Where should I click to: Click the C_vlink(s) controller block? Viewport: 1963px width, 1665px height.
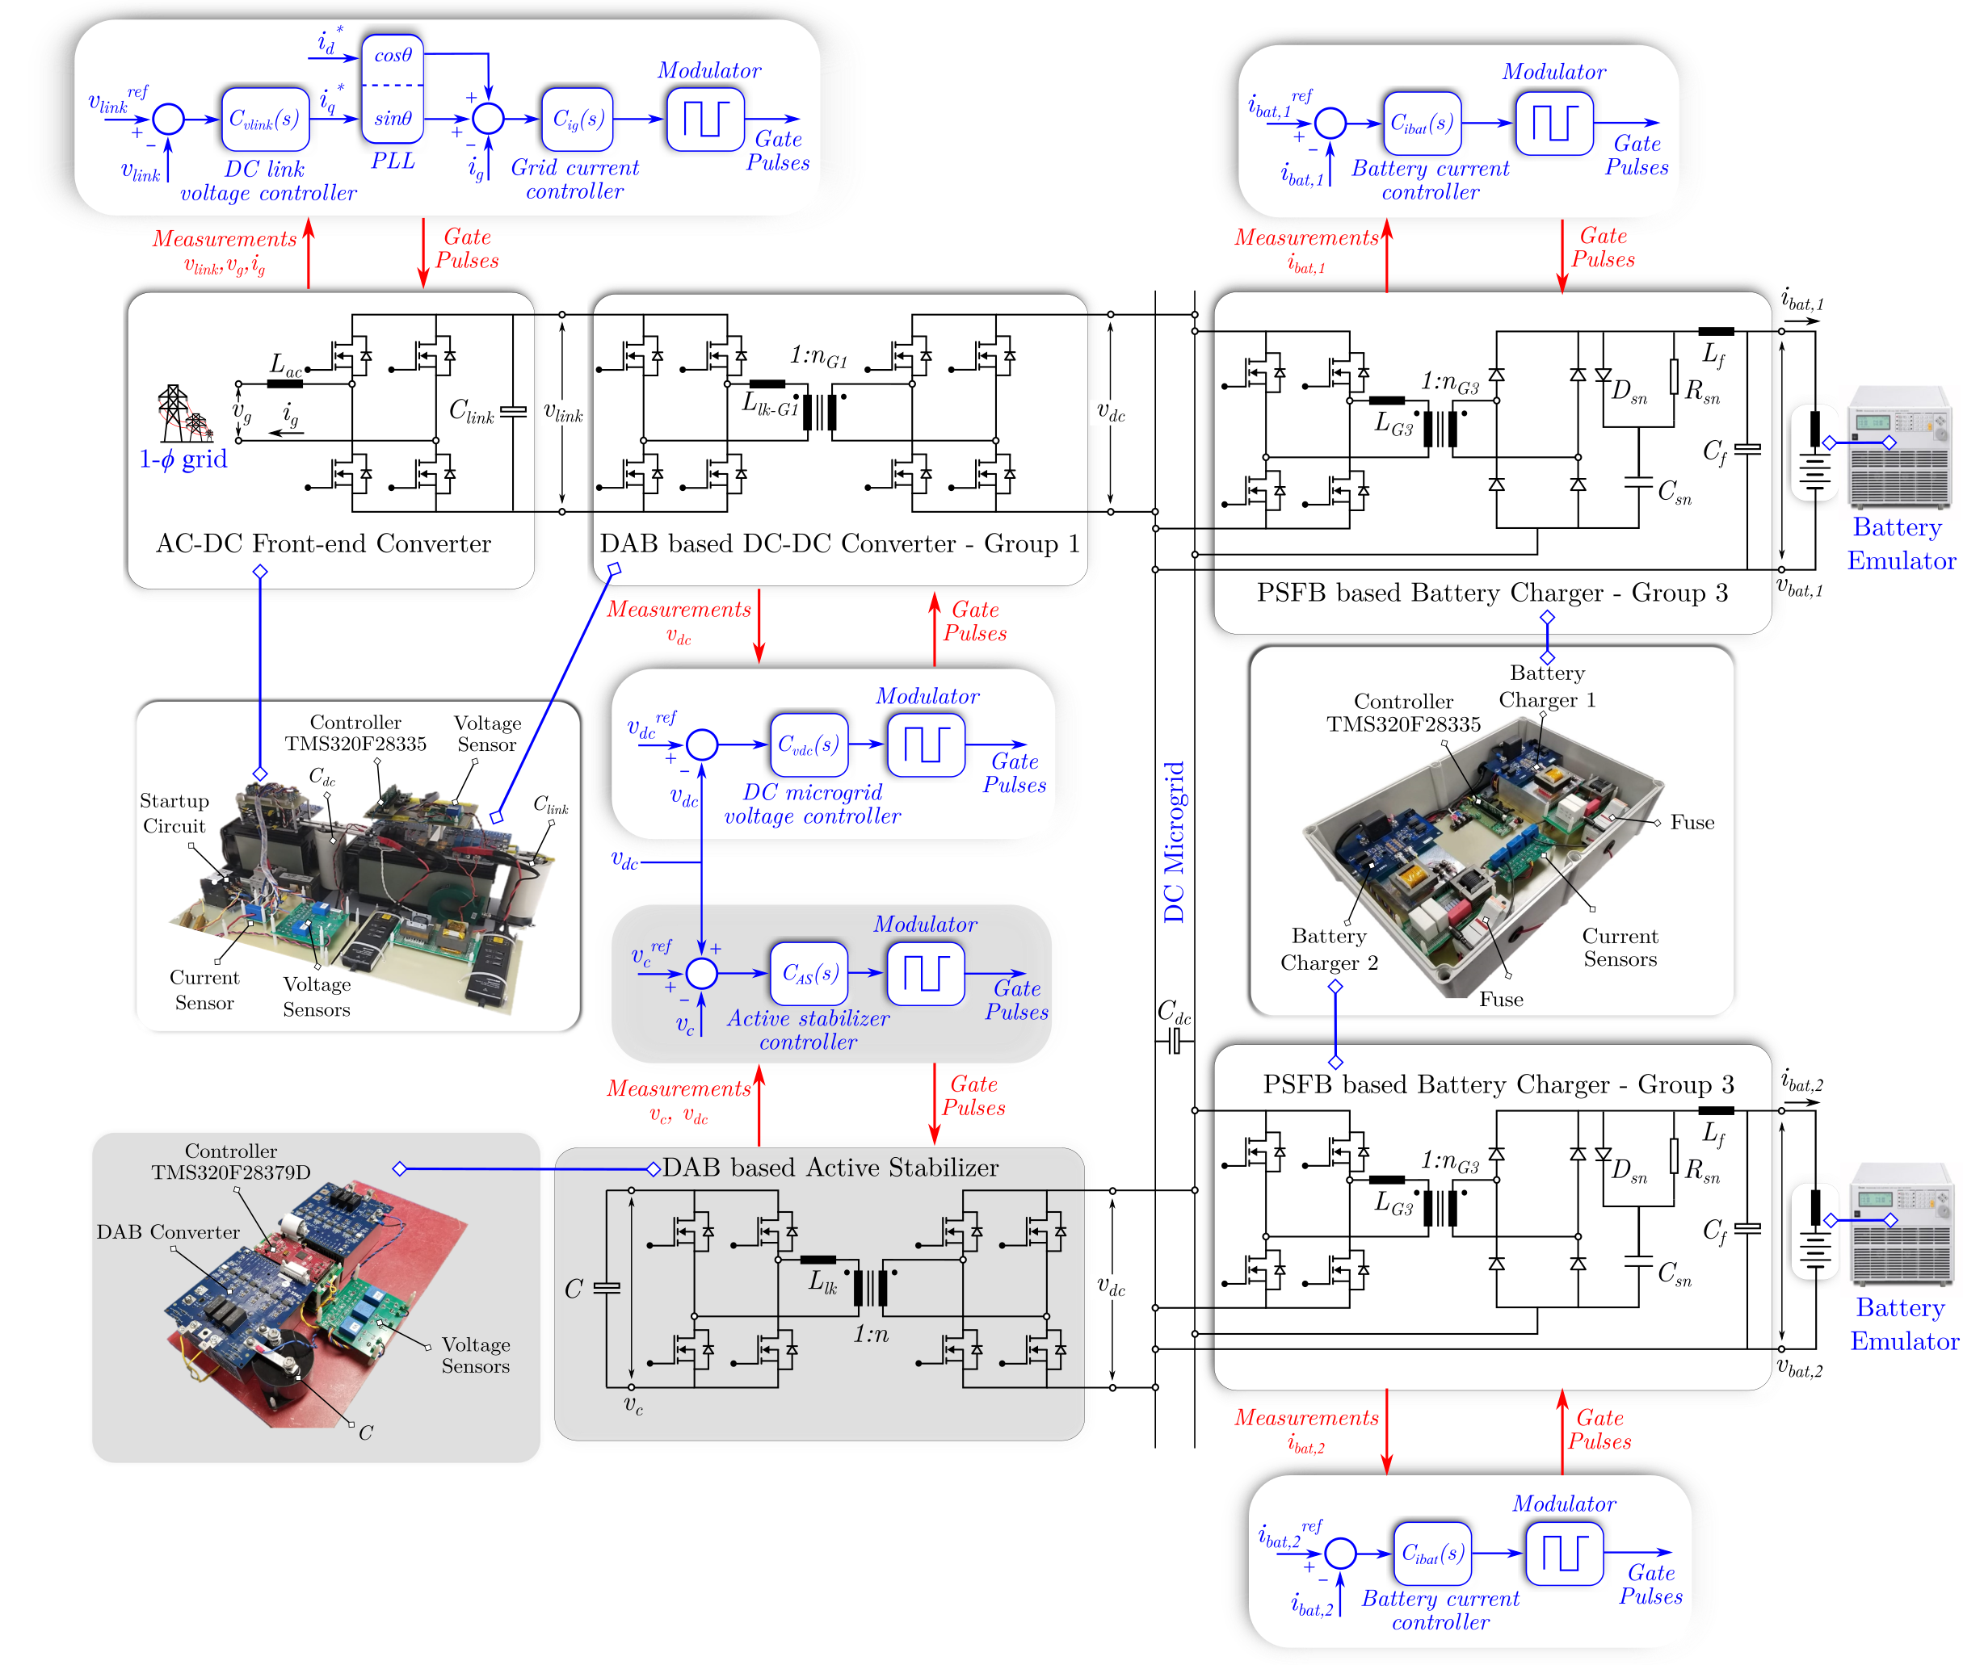265,119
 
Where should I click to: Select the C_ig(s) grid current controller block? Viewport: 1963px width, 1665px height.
577,119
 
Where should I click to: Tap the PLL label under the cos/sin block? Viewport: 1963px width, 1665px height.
393,161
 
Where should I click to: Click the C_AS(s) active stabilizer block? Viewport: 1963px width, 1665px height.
809,973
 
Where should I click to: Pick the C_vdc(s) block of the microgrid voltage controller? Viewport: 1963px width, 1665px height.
809,744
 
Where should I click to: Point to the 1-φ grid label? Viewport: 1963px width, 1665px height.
183,459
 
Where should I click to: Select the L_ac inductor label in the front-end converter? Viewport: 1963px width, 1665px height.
285,364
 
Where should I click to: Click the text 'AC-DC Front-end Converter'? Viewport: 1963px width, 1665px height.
323,543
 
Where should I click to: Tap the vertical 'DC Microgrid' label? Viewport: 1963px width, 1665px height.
1174,842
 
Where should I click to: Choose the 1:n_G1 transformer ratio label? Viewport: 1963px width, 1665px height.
818,357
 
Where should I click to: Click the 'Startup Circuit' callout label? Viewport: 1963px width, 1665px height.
174,812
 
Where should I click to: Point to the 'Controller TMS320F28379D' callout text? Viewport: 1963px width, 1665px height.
231,1162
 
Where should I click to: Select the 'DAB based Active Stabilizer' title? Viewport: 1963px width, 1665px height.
830,1168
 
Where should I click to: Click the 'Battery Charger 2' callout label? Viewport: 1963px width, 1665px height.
1329,950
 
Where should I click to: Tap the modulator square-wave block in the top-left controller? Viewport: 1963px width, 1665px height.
705,119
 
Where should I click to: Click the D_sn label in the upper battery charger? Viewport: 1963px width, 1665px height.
1629,391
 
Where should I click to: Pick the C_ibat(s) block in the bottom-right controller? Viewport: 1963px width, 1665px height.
1432,1553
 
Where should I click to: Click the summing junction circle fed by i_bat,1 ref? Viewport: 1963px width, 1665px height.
1330,123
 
